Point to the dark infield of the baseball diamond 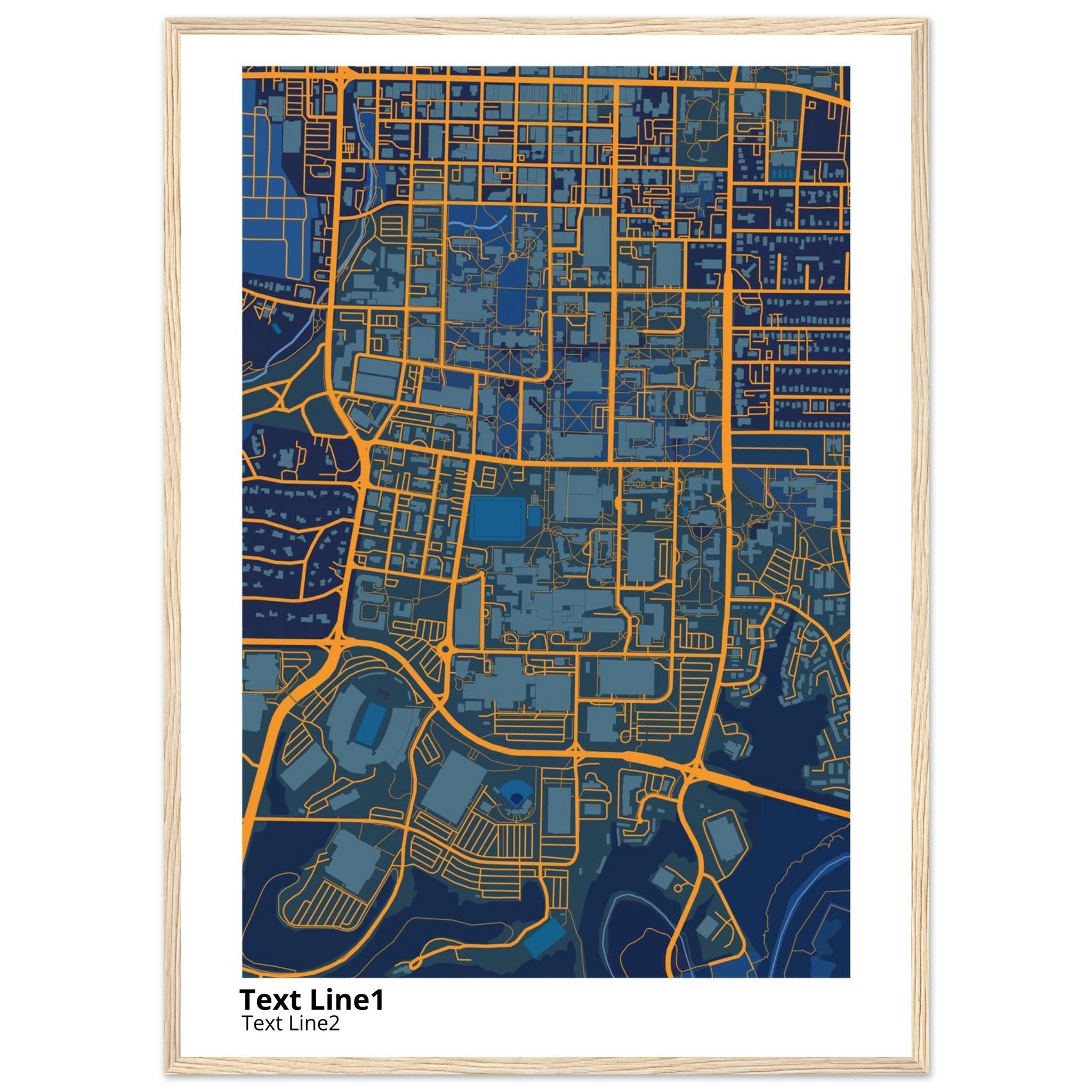[x=516, y=798]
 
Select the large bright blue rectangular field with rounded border [x=497, y=517]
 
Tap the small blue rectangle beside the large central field [x=535, y=516]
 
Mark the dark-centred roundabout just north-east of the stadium [x=445, y=650]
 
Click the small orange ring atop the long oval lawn [x=512, y=255]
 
